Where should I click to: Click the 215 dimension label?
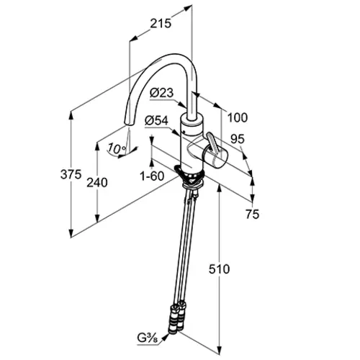point(161,24)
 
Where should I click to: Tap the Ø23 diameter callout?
point(161,93)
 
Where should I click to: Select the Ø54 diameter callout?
point(157,121)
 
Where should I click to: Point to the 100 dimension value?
point(238,117)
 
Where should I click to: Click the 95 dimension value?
point(238,139)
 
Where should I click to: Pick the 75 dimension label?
point(253,214)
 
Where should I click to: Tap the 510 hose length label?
point(219,269)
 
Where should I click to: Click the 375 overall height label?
point(71,174)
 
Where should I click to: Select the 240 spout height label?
point(97,183)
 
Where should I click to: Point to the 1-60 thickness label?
point(152,176)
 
